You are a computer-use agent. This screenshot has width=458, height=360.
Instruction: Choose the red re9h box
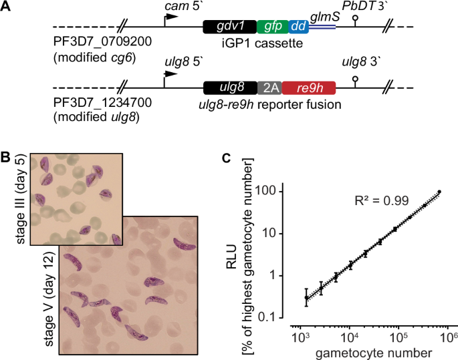coord(308,87)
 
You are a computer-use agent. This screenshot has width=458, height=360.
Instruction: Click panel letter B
coord(7,158)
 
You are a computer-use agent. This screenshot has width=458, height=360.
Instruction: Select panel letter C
coord(227,158)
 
